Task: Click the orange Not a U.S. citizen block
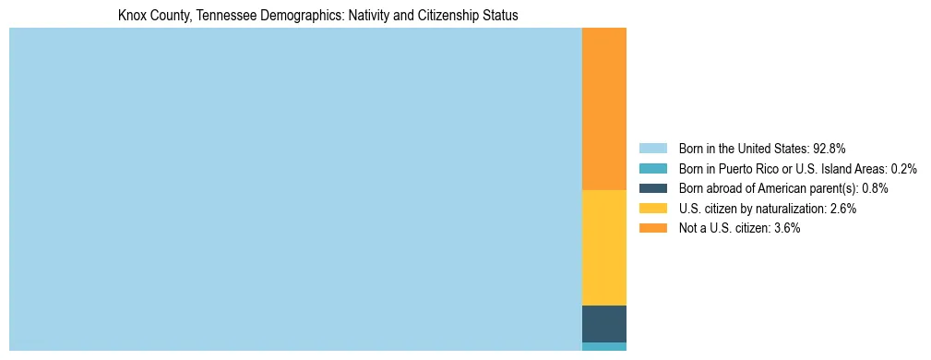point(603,108)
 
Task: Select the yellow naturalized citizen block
point(603,246)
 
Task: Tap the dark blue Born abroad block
point(603,323)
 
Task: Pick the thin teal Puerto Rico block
point(603,347)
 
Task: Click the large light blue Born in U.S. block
point(295,189)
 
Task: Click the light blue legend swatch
point(652,149)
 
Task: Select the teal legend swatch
point(652,169)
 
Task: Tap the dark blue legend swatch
point(652,188)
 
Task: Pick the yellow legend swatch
point(652,209)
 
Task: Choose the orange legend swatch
point(652,229)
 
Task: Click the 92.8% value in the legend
point(830,149)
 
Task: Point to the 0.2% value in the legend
point(903,169)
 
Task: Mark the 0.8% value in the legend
point(875,188)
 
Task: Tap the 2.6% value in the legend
point(842,209)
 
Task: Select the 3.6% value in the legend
point(786,229)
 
